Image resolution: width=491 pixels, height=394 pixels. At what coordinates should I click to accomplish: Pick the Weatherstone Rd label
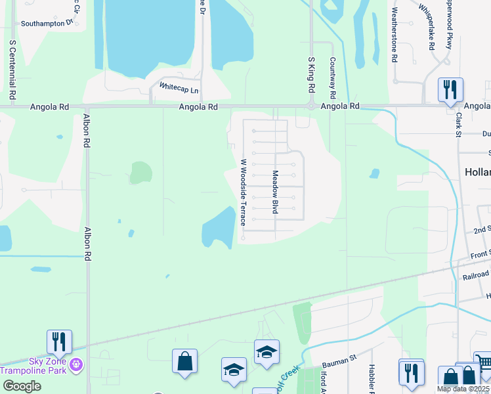394,35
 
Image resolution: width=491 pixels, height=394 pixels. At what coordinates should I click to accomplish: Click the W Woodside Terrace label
243,192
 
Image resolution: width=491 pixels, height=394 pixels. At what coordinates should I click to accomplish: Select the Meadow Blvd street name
276,192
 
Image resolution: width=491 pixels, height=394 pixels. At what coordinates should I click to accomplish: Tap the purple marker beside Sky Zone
77,362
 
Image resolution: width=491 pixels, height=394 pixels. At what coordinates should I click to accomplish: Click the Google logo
22,385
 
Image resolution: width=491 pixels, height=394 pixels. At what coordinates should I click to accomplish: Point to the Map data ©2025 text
463,389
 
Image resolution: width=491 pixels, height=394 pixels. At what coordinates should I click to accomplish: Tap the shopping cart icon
483,362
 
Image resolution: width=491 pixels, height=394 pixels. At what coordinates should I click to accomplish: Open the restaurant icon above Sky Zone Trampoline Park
58,341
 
